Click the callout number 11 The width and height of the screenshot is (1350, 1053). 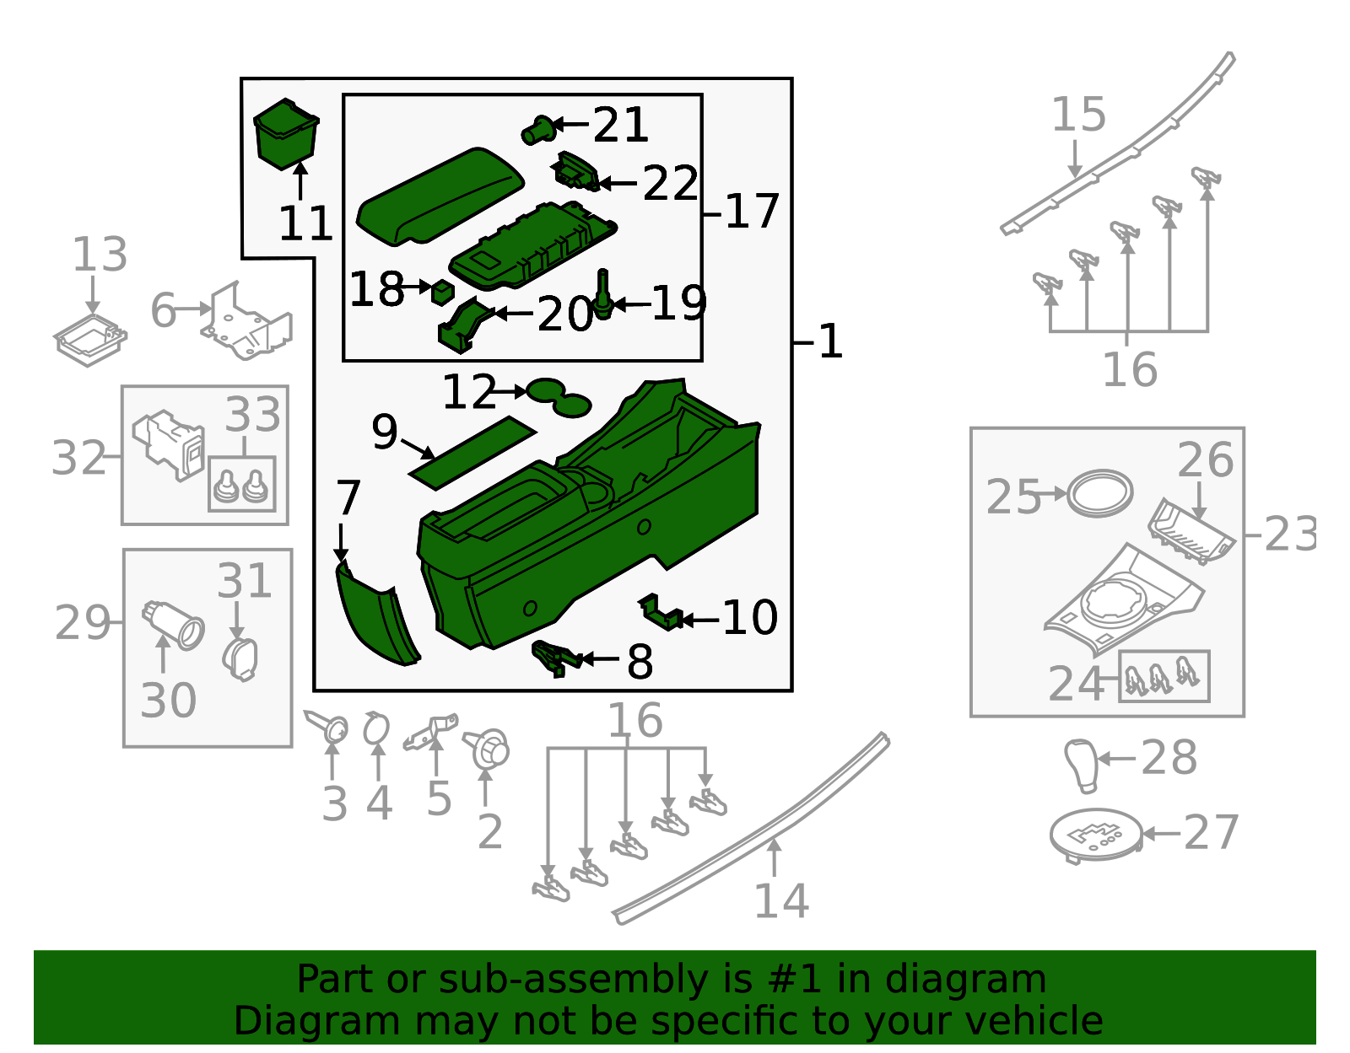click(x=305, y=225)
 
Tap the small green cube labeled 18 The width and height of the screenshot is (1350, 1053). click(x=442, y=292)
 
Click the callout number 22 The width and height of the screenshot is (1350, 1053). click(x=671, y=184)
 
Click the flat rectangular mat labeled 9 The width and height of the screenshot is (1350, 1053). click(x=472, y=452)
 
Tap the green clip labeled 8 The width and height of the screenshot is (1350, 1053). click(x=556, y=657)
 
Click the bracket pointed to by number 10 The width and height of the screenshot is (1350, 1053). click(x=661, y=613)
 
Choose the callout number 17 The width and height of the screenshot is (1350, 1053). click(x=751, y=212)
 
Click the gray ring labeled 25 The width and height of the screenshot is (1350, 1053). click(x=1099, y=493)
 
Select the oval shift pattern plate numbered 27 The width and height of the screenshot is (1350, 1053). click(x=1095, y=835)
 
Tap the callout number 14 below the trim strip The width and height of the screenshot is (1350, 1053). click(x=780, y=900)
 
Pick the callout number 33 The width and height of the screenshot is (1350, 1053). click(x=253, y=415)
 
